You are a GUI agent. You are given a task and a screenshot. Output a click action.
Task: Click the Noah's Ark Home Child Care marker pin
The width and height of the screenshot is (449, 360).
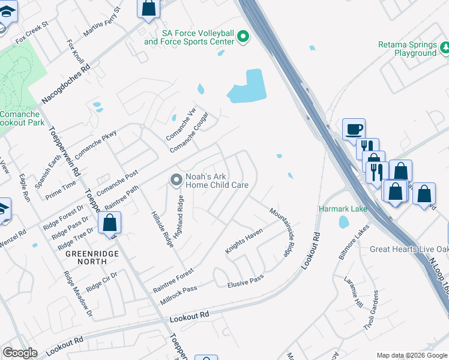(x=176, y=179)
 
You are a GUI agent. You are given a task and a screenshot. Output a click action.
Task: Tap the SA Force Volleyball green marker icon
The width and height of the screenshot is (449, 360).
(x=243, y=37)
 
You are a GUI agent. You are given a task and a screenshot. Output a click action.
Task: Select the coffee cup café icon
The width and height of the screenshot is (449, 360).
(x=354, y=128)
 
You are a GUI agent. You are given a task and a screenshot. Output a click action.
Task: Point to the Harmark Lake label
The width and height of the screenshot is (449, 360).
(x=342, y=209)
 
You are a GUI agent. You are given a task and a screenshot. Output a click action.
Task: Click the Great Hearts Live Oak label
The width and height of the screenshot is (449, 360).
(x=408, y=249)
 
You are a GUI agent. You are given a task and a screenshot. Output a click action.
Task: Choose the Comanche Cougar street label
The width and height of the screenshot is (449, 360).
(x=189, y=132)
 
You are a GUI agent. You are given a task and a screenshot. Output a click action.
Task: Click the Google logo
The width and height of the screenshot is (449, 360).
(x=20, y=353)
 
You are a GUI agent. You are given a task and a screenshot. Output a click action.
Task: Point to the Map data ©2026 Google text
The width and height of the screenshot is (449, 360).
(x=411, y=355)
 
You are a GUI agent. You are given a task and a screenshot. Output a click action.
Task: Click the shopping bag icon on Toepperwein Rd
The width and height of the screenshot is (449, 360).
(x=110, y=223)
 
